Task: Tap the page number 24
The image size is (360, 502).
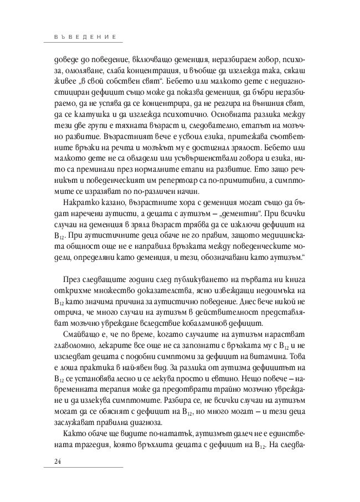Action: tap(57, 462)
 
